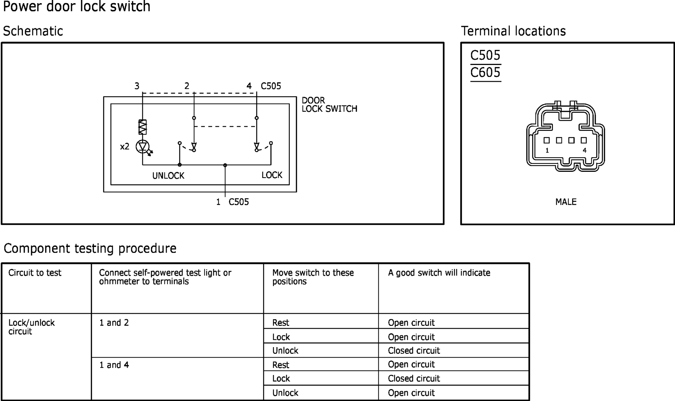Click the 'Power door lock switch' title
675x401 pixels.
tap(76, 6)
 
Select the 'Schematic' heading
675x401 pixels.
tap(33, 31)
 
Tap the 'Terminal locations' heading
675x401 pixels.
tap(513, 31)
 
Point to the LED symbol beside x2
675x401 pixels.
tap(143, 147)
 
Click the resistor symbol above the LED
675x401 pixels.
tap(143, 127)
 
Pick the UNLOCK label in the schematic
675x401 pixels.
tap(168, 176)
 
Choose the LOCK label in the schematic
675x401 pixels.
tap(272, 175)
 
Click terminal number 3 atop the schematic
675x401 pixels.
tap(137, 86)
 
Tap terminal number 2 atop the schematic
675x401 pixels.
tap(187, 86)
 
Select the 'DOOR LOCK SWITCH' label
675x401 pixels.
tap(329, 105)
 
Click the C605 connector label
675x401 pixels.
tap(485, 73)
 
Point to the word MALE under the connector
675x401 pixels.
tap(566, 202)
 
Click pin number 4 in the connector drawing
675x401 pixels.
tap(585, 151)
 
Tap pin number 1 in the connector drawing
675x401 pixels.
tap(547, 151)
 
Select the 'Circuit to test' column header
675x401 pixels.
tap(35, 273)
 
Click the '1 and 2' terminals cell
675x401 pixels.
tap(114, 323)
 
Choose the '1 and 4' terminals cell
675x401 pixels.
tap(114, 365)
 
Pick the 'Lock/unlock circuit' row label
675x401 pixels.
tap(31, 327)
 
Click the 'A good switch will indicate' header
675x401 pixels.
tap(439, 273)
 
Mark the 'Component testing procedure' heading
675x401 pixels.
tap(90, 248)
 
